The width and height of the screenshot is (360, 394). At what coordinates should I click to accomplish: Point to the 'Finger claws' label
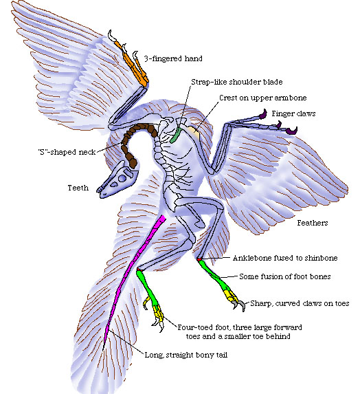(x=293, y=113)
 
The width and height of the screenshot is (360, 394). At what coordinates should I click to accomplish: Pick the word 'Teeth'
(x=78, y=186)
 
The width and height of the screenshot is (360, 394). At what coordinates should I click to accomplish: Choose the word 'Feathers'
(x=312, y=223)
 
